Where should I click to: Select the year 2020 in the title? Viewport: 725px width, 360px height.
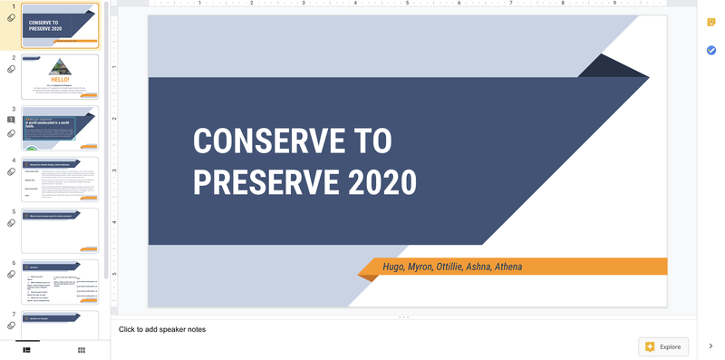tap(372, 182)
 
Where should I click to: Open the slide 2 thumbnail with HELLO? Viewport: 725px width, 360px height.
tap(60, 76)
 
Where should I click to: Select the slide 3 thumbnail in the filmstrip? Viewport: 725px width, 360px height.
tap(60, 128)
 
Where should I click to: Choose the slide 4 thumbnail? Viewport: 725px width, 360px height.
tap(60, 179)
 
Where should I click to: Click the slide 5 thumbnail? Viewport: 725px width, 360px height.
tap(60, 230)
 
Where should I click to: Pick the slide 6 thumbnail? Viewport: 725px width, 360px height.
tap(60, 281)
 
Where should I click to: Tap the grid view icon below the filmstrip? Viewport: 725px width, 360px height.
tap(82, 349)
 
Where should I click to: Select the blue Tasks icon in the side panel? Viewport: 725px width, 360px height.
tap(711, 51)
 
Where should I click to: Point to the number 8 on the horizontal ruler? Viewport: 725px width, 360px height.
tap(563, 4)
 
